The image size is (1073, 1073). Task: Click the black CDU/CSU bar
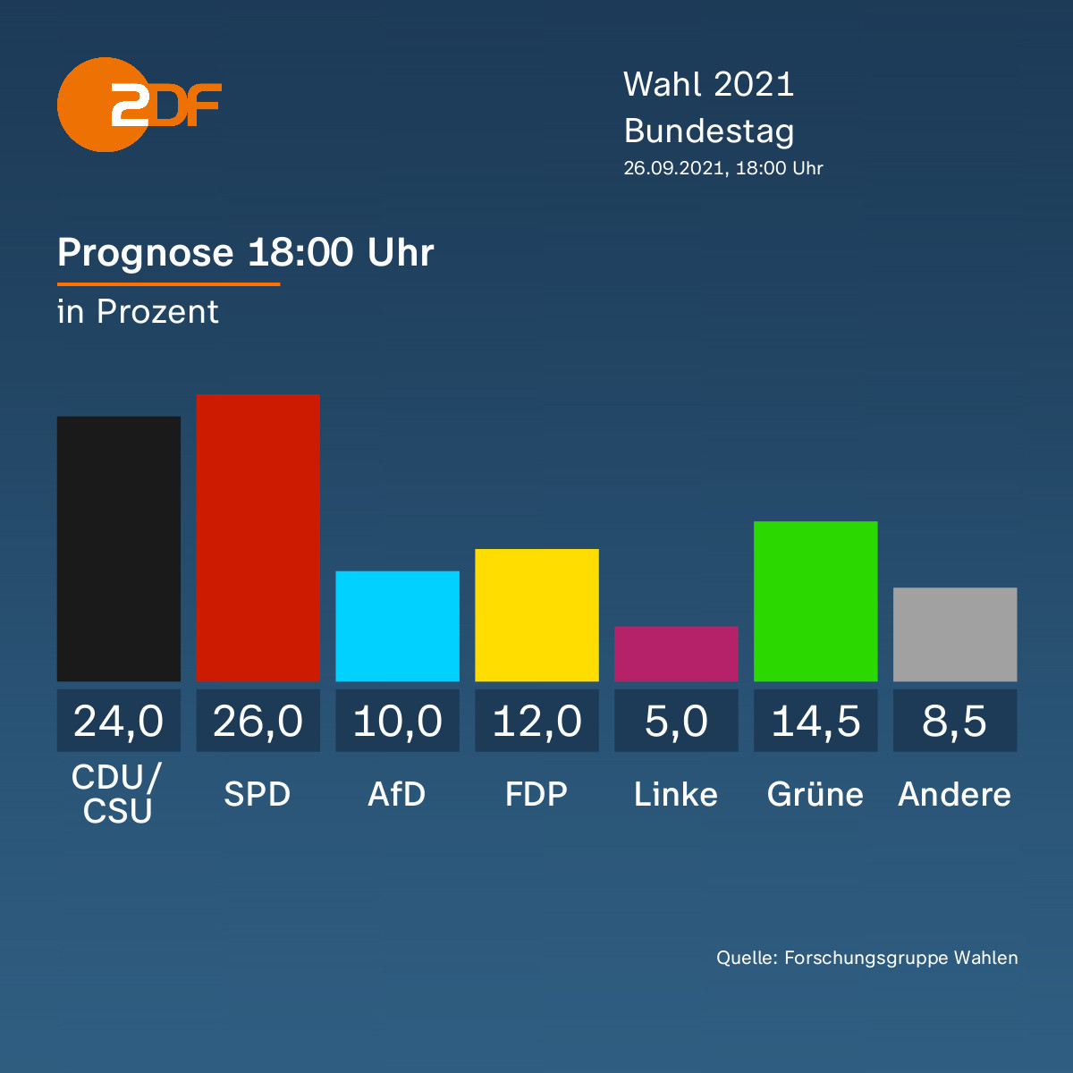[119, 548]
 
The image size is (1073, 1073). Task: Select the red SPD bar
[258, 537]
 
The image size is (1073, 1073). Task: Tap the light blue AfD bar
[398, 626]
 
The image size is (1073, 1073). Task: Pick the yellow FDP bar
[536, 614]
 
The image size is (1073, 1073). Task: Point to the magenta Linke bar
[676, 654]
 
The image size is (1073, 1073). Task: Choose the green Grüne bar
[815, 602]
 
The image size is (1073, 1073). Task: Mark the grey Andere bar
[955, 634]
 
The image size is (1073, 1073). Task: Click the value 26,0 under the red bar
[258, 722]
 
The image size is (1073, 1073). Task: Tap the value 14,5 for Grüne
[815, 722]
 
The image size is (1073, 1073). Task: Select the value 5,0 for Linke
[676, 722]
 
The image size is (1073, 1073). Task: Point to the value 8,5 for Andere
[955, 722]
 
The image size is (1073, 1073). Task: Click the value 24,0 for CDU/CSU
[119, 722]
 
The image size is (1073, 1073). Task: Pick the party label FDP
[536, 794]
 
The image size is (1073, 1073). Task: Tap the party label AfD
[397, 794]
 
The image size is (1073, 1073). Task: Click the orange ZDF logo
[139, 105]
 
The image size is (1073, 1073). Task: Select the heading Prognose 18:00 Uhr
[246, 253]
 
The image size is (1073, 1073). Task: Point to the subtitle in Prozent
[138, 312]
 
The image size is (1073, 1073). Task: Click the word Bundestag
[709, 132]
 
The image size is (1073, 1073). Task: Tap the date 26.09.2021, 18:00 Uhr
[723, 168]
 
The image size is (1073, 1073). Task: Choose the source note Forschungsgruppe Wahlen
[901, 958]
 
